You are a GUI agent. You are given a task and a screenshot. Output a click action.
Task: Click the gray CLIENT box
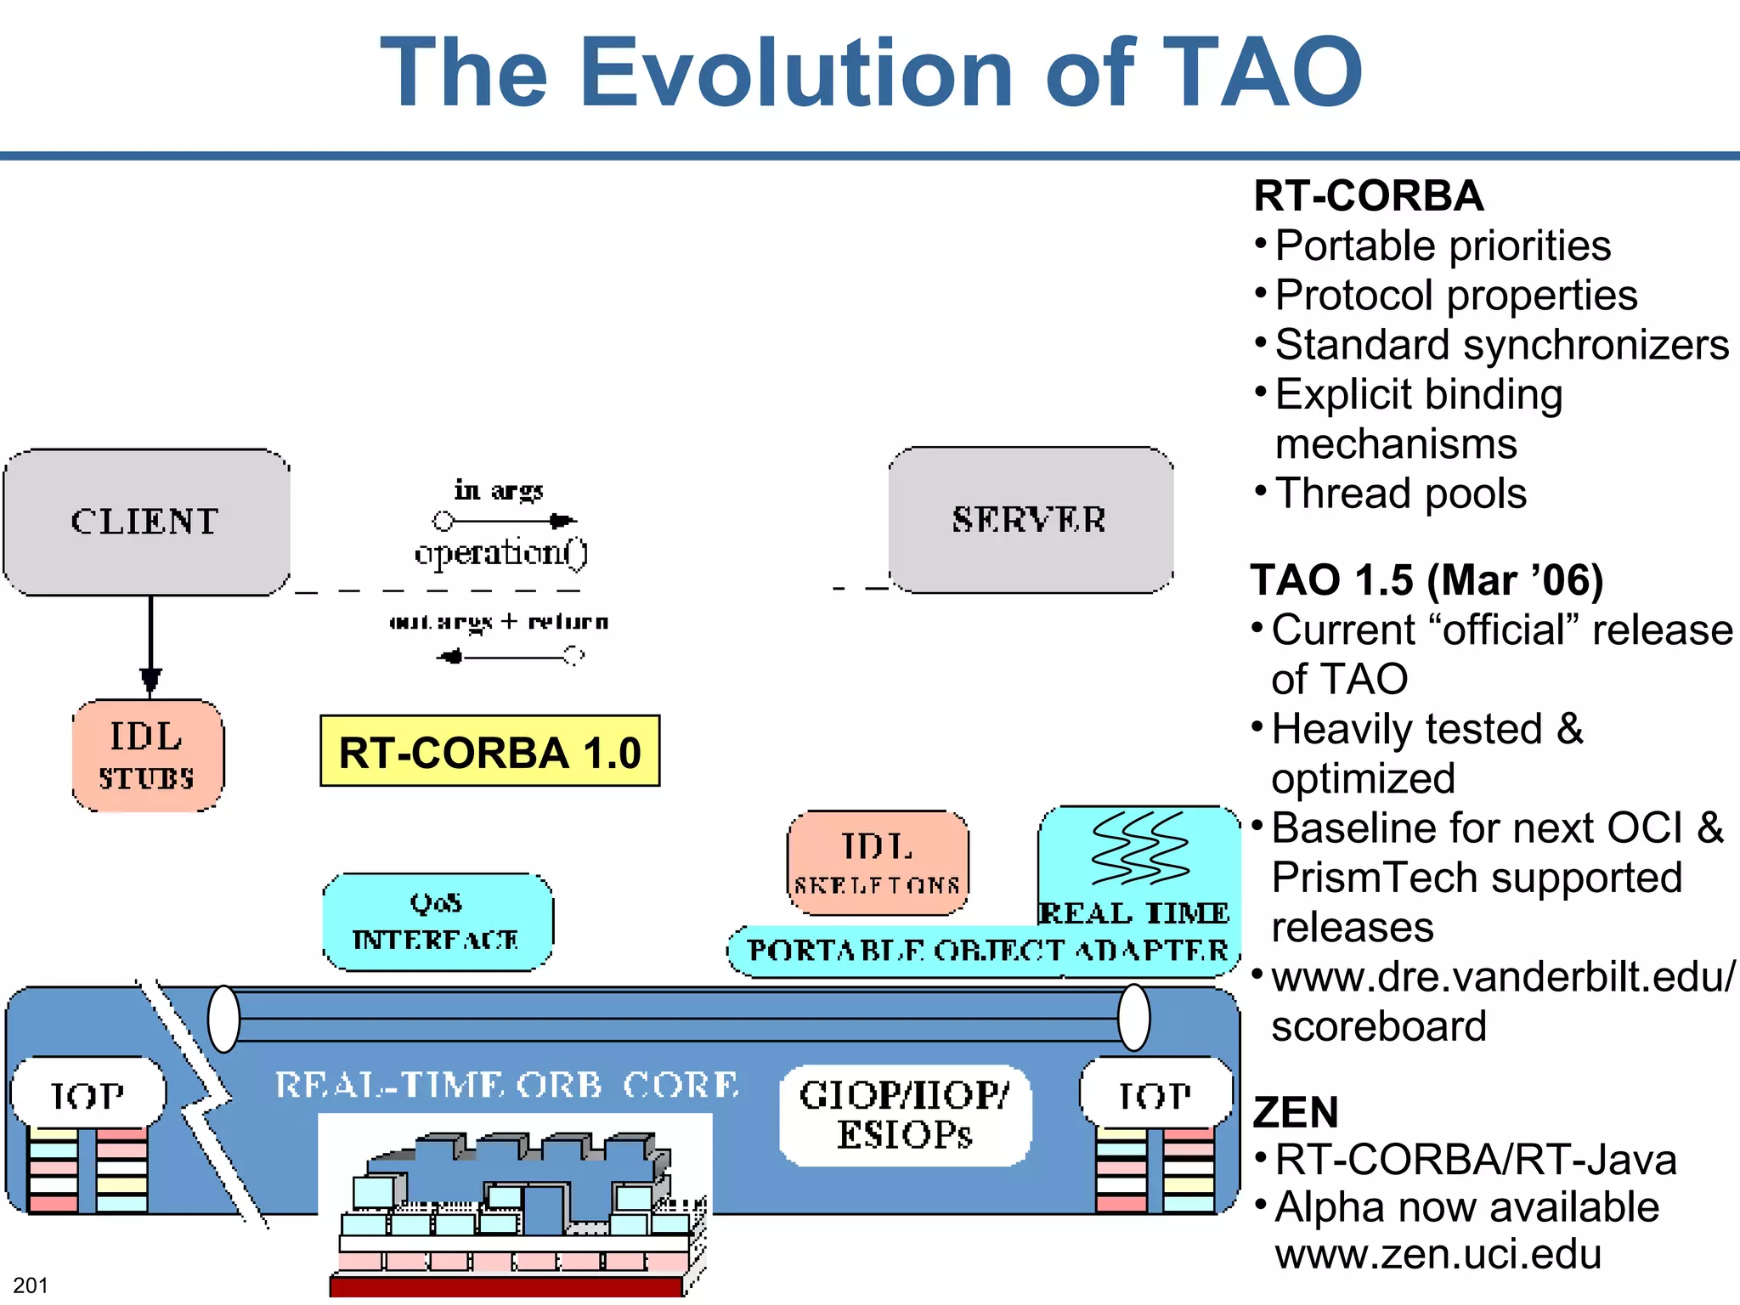click(146, 522)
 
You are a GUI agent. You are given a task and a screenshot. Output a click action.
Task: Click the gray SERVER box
click(1030, 519)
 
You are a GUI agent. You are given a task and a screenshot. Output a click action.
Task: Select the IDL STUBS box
click(148, 755)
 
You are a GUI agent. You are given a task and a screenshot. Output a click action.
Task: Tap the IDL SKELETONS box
click(878, 862)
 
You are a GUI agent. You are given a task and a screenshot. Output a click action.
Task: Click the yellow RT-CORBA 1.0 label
click(489, 752)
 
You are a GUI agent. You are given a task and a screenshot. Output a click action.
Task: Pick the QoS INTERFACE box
click(437, 922)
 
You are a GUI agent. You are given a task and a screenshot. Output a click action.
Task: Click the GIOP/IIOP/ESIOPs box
click(905, 1115)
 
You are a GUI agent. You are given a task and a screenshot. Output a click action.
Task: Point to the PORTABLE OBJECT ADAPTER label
click(986, 951)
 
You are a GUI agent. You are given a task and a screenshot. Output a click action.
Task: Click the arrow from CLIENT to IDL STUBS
click(151, 646)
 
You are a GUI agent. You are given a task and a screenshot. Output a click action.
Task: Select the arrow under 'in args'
click(505, 520)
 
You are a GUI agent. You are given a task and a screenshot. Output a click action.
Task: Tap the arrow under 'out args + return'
click(510, 656)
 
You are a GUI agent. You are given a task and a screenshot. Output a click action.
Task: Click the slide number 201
click(31, 1285)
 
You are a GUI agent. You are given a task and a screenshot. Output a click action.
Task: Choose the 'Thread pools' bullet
click(1400, 494)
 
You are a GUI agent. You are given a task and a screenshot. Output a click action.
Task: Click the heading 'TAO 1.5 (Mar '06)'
click(1426, 580)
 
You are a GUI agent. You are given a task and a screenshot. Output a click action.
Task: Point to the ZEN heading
click(1296, 1112)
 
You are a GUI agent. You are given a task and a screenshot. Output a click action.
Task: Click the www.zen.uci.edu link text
click(1438, 1254)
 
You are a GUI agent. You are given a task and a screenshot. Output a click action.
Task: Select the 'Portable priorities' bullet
click(1443, 246)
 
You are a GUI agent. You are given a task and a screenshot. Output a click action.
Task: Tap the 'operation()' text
click(500, 553)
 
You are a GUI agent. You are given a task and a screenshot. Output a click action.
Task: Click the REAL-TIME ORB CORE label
click(507, 1085)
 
